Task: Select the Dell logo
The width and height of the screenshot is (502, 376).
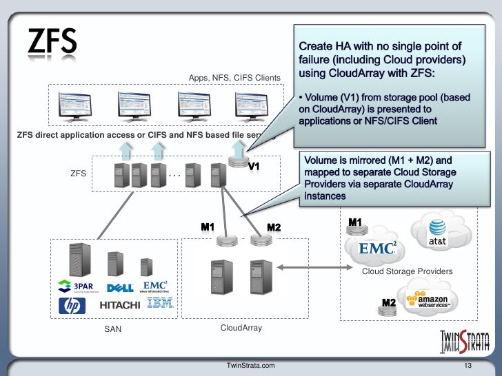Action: (x=121, y=288)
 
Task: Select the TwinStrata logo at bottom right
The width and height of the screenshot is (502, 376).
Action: (x=465, y=340)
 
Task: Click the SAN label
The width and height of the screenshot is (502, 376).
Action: (x=112, y=329)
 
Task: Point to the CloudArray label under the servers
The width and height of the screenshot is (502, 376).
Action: (x=241, y=328)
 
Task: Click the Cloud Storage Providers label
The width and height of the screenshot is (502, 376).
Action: (x=408, y=271)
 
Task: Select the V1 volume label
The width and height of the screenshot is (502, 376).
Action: (x=254, y=167)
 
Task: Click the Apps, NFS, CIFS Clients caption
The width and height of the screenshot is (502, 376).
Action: (x=234, y=78)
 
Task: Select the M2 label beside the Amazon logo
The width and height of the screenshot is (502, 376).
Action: (x=389, y=303)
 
